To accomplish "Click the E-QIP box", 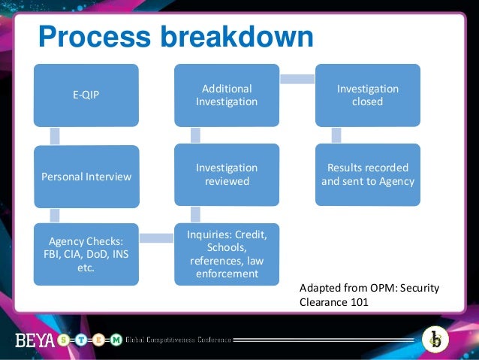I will tap(86, 95).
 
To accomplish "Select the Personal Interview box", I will tap(86, 177).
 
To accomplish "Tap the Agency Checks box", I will tap(86, 254).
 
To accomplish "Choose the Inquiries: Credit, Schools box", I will tap(227, 254).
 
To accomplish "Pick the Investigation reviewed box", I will tap(227, 174).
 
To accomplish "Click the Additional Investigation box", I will tap(227, 95).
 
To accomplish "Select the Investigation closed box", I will tap(367, 95).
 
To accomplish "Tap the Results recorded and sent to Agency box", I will tap(367, 174).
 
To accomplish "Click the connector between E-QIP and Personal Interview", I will tap(54, 136).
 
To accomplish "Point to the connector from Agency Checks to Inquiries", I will tap(156, 238).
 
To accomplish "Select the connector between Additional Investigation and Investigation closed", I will tap(297, 78).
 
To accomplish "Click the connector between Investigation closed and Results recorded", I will tap(336, 135).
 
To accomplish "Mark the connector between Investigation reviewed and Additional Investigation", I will tap(195, 135).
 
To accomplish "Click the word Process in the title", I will tap(89, 36).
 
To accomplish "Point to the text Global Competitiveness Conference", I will tap(178, 340).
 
